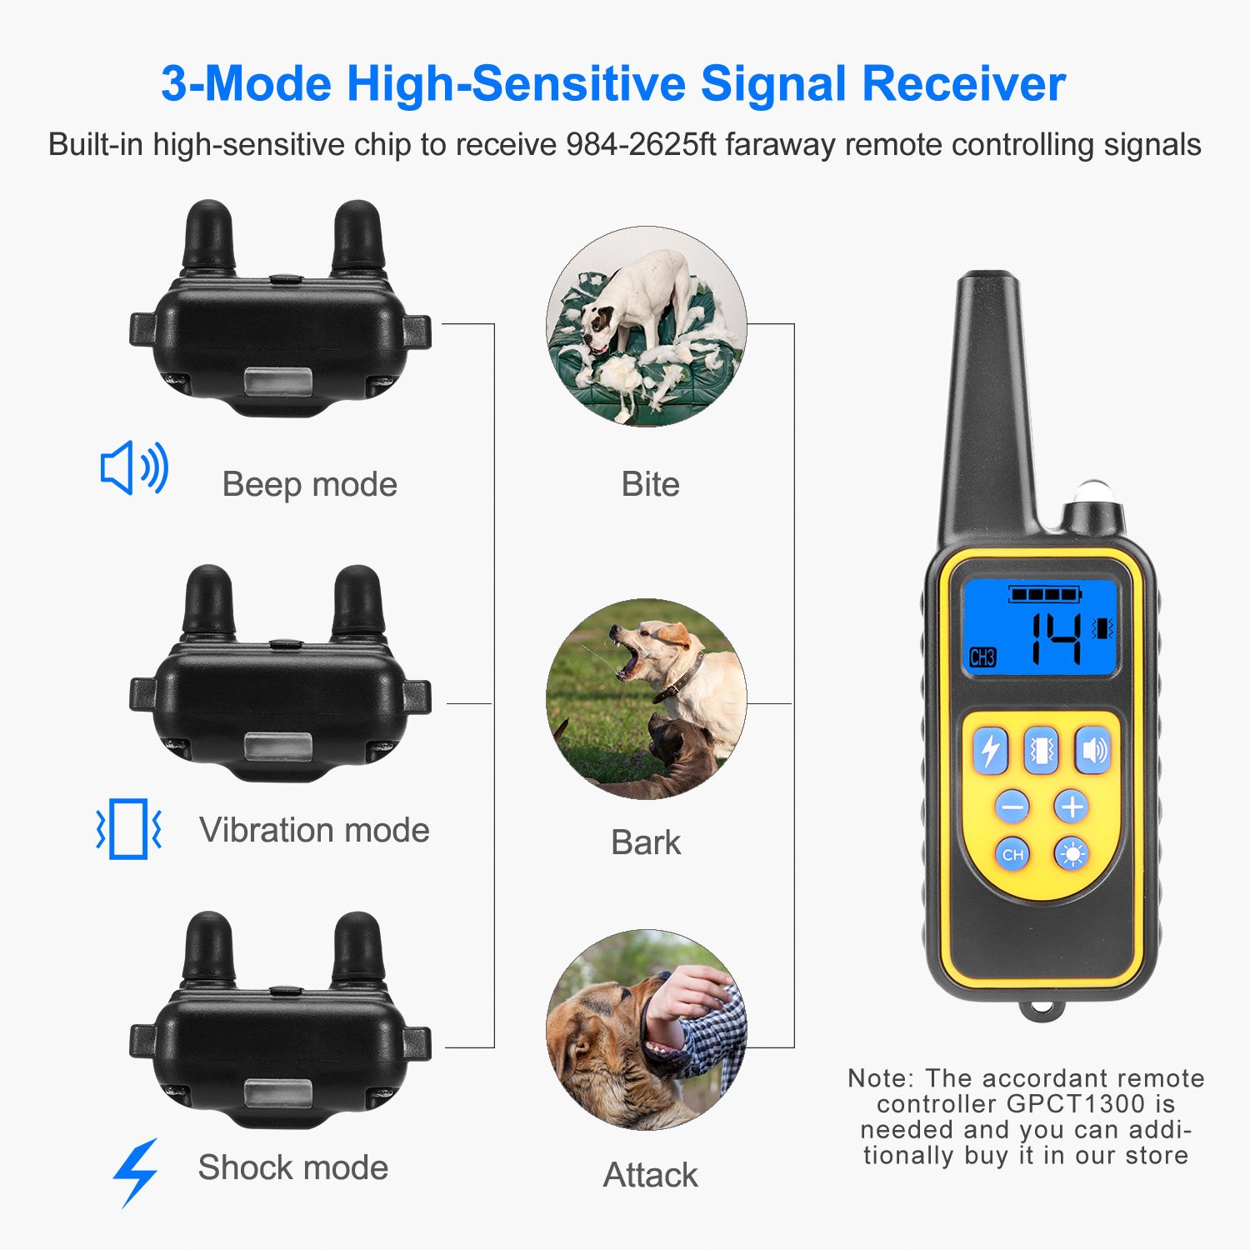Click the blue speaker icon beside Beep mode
134,468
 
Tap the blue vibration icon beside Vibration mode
129,829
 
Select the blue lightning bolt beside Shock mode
136,1172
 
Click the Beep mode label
309,484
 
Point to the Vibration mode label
314,830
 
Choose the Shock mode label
292,1167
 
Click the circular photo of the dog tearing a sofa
647,327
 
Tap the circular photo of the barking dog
647,699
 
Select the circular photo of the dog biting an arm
647,1030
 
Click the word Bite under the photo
650,484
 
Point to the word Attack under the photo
650,1175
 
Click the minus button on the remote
1012,807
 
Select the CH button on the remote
1012,854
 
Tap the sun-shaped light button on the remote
1072,854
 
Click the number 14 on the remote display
1057,639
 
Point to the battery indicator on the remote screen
1045,594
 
